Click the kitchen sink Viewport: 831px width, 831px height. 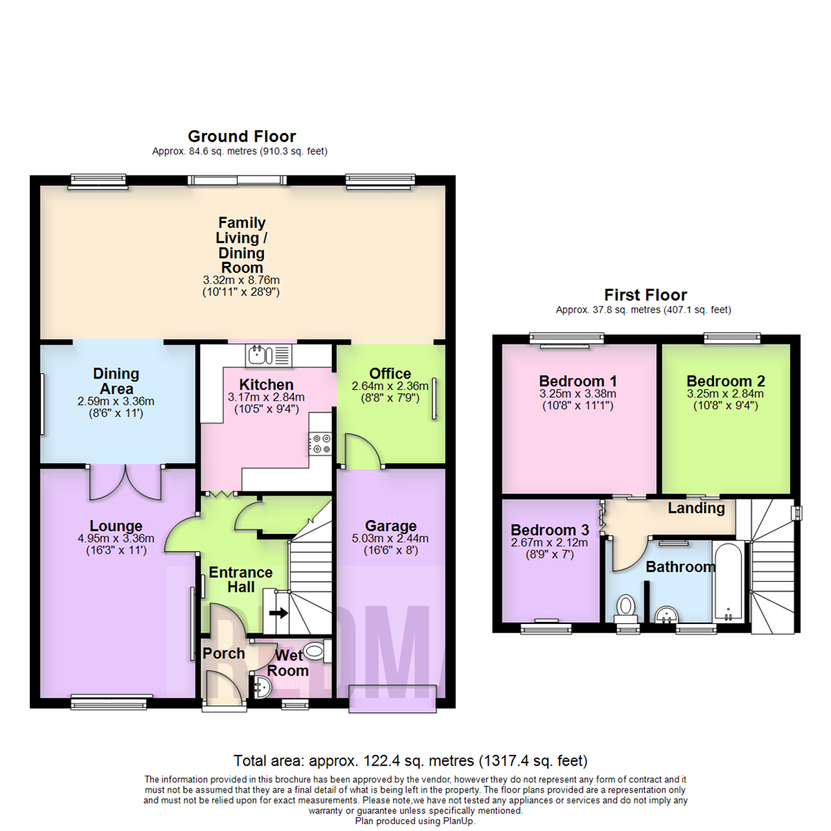269,355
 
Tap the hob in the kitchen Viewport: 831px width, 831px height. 320,444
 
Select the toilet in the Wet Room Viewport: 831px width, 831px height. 316,652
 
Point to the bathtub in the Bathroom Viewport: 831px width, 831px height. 728,582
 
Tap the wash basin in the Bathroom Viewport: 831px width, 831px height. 666,614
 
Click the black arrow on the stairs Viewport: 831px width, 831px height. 278,613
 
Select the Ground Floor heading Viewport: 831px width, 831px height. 242,136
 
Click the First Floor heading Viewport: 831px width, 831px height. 645,295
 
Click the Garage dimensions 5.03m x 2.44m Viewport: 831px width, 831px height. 391,539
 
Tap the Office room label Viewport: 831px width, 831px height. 391,373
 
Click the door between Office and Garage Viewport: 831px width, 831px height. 362,452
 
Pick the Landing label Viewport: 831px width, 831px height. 696,508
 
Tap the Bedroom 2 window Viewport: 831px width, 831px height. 733,336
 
